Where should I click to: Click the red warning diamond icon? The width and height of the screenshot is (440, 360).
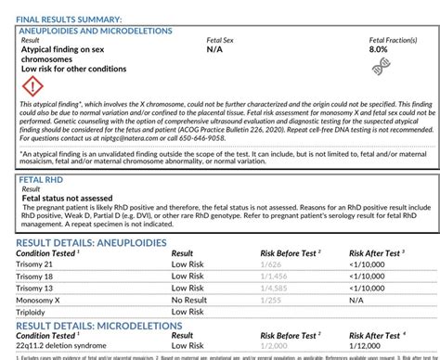(x=32, y=89)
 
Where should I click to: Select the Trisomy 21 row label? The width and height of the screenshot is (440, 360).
(x=37, y=264)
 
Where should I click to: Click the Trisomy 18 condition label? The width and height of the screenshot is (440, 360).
(x=37, y=276)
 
